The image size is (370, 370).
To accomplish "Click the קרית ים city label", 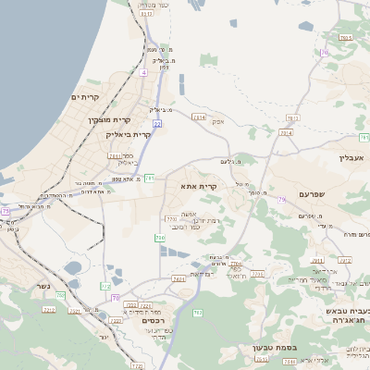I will point(85,97).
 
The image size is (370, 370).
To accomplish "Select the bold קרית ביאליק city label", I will point(121,134).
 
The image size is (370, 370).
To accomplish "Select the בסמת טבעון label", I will point(273,348).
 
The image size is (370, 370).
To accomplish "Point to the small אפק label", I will point(216,121).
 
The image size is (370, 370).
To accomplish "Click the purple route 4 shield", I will point(143,71).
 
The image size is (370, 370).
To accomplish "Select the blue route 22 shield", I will point(157,123).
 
